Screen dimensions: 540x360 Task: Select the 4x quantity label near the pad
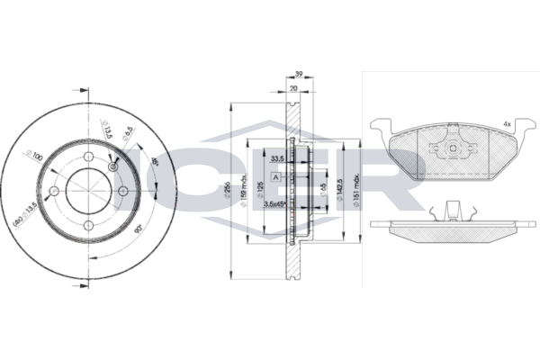(507, 123)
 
